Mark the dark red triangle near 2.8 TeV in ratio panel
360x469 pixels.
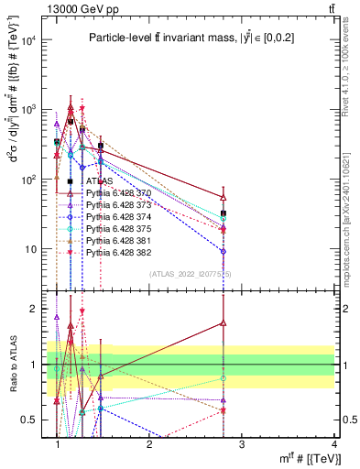pos(224,322)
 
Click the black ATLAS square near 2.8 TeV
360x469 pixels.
pos(224,213)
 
